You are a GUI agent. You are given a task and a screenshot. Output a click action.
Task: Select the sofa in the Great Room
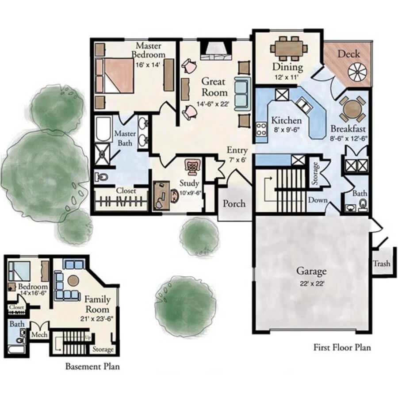tap(242, 92)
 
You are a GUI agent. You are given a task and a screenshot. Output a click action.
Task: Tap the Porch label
tap(233, 203)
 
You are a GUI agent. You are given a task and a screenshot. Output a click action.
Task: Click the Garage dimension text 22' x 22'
tap(311, 283)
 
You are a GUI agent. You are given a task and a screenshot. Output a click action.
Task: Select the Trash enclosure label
tap(381, 264)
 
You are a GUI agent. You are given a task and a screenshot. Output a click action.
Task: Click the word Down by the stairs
tap(318, 200)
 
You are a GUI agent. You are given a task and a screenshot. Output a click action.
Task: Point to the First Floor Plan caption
tap(342, 347)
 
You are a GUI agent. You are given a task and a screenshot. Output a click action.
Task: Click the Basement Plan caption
tap(92, 366)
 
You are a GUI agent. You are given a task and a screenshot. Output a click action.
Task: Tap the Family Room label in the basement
tap(97, 304)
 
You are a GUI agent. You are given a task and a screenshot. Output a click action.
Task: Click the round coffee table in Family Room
tap(73, 280)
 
